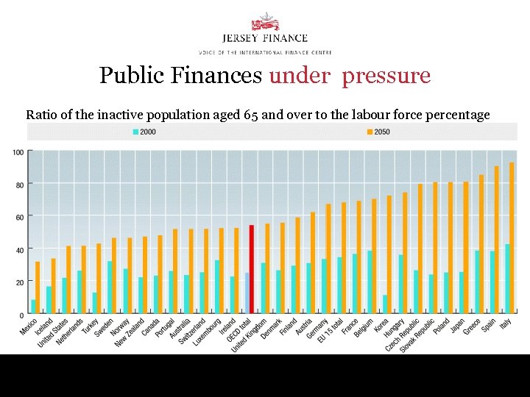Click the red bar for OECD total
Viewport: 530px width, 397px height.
251,269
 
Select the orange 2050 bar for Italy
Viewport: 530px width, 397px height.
512,238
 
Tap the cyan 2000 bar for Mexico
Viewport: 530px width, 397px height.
33,307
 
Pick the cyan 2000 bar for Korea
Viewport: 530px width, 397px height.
386,304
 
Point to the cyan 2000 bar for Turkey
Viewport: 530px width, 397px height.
93,303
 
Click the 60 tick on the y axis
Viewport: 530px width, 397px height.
19,217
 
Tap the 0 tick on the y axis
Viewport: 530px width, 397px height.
21,315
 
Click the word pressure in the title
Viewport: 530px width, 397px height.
386,76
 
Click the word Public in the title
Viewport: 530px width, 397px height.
126,76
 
